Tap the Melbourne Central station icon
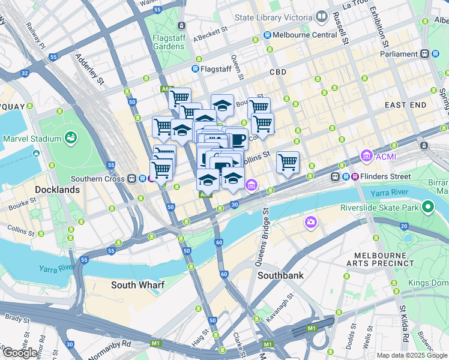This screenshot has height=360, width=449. click(x=266, y=35)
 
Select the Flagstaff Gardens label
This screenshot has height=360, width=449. click(x=168, y=41)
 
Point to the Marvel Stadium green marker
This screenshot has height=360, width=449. click(x=71, y=138)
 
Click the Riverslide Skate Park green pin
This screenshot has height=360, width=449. click(x=428, y=208)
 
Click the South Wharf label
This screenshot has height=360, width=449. click(x=137, y=285)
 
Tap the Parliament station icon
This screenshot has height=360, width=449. click(x=425, y=54)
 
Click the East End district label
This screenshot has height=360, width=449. click(x=405, y=105)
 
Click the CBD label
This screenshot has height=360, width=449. click(x=278, y=72)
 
